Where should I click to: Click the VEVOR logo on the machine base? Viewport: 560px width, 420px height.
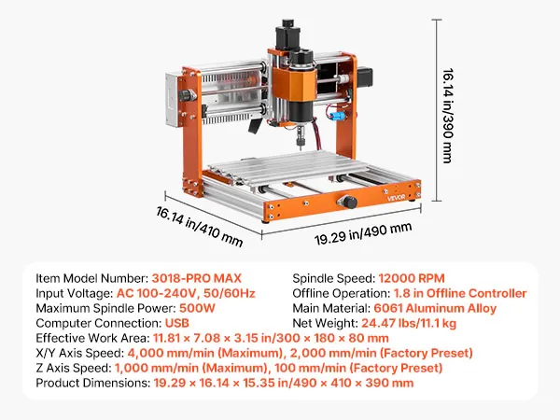[397, 198]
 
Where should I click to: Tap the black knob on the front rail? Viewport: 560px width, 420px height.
[347, 202]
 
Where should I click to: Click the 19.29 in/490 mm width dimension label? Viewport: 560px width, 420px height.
[363, 233]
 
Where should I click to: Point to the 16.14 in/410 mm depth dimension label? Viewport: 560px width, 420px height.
[200, 227]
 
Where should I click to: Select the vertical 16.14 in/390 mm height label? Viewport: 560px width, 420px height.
[447, 116]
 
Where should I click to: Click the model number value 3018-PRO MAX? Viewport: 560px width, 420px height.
[196, 278]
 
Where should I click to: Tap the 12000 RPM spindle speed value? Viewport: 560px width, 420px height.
[412, 278]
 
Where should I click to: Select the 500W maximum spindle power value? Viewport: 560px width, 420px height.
[197, 308]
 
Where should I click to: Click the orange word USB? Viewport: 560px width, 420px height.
[176, 323]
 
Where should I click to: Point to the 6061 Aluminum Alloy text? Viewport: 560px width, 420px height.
[435, 308]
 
